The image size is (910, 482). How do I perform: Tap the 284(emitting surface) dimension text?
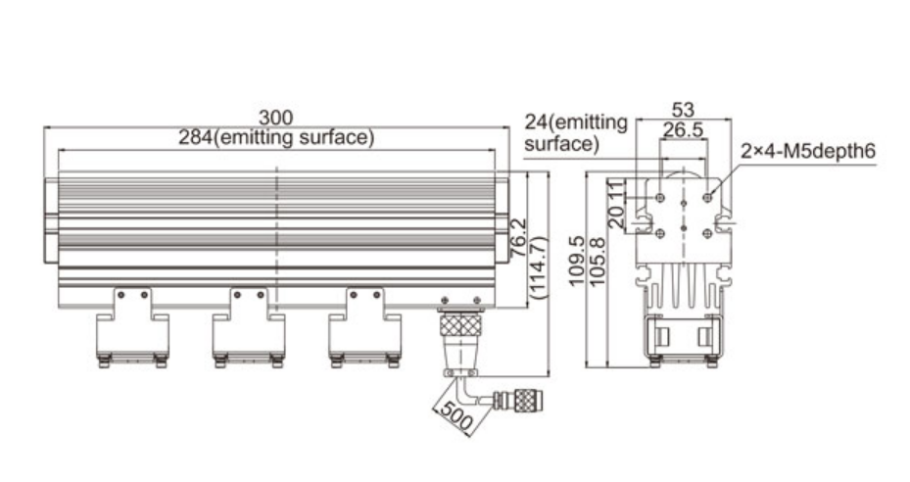pyautogui.click(x=276, y=138)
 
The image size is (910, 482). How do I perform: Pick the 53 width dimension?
pyautogui.click(x=685, y=109)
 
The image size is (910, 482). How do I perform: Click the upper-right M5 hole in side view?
pyautogui.click(x=707, y=198)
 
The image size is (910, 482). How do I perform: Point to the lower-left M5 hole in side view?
pyautogui.click(x=661, y=233)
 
